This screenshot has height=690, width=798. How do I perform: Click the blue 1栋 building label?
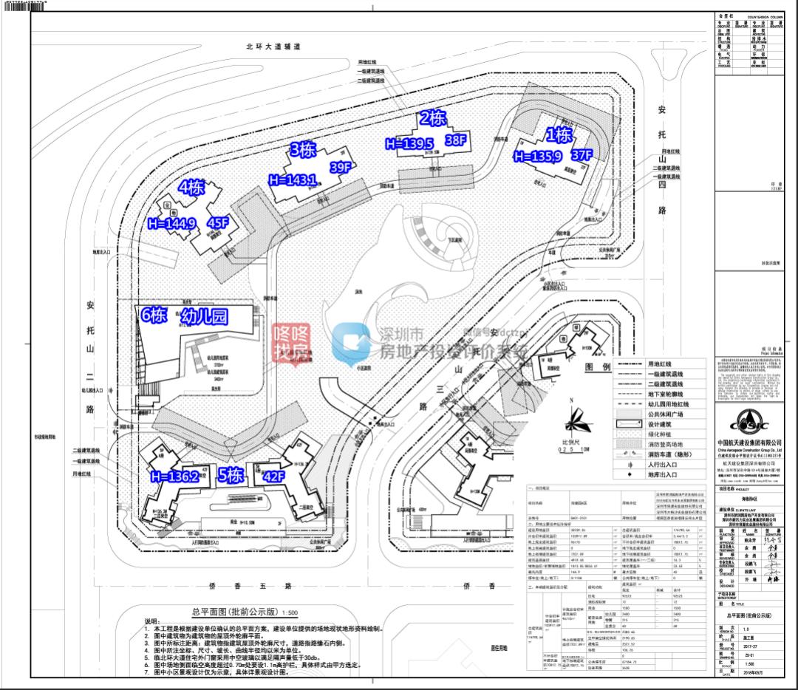[559, 134]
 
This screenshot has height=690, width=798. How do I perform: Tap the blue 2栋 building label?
[433, 118]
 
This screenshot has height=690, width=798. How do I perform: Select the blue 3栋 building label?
[303, 150]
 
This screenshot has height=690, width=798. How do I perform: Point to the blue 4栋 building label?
[191, 187]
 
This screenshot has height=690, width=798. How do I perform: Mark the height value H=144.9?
[171, 223]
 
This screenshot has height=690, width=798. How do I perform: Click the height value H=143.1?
[293, 180]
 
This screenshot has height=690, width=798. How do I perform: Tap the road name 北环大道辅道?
[274, 46]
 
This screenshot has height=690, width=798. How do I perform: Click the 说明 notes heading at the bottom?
[151, 621]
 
